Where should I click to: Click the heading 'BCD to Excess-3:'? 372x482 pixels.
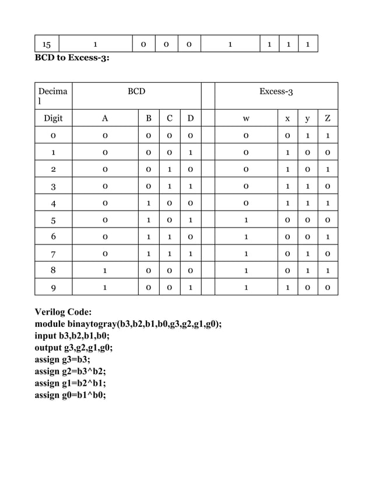[72, 58]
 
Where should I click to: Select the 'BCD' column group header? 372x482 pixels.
[136, 92]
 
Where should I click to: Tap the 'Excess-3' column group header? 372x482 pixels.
[276, 92]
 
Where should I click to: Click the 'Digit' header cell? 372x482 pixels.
[53, 119]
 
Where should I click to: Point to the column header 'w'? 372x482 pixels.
[247, 119]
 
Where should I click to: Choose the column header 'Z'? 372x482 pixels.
[328, 119]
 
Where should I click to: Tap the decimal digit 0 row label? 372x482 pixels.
[53, 137]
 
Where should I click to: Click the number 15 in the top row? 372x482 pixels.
[47, 44]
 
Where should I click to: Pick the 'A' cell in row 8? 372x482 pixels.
[104, 270]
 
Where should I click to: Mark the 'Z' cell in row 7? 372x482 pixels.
[328, 254]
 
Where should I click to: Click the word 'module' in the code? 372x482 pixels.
[51, 325]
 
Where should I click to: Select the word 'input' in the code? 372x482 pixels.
[47, 337]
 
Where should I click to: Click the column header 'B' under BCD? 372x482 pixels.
[149, 119]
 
